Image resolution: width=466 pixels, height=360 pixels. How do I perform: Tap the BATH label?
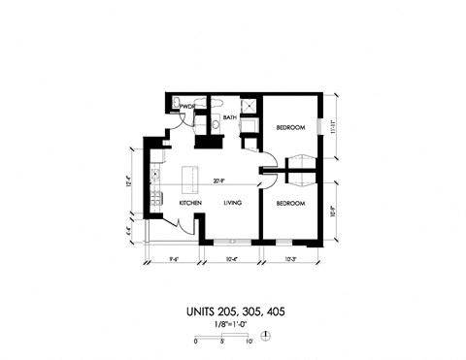(x=230, y=117)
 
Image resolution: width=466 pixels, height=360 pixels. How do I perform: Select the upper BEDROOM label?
(x=290, y=128)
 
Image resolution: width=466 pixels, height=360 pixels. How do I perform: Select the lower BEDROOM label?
(x=290, y=204)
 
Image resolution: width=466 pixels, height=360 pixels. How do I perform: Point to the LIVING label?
(x=232, y=203)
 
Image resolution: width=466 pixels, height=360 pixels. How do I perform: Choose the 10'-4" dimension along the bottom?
(x=233, y=259)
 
